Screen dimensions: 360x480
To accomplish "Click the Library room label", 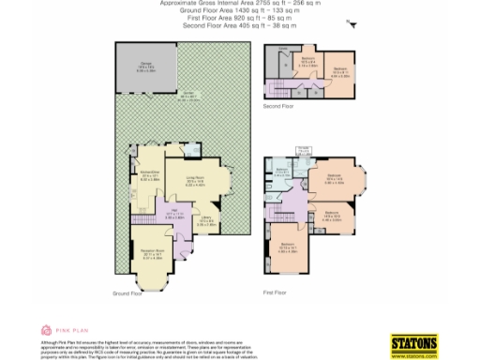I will (205, 221).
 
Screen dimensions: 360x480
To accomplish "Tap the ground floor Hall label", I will (172, 214).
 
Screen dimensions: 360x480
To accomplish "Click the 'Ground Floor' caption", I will (132, 294).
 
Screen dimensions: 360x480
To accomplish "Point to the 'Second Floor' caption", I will (277, 106).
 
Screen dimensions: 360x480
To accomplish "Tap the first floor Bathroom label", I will (283, 170).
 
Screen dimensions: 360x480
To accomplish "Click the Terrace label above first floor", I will (304, 149).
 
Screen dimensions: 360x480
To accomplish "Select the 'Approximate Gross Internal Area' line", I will (239, 4).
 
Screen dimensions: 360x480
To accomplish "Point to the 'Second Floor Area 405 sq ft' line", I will (239, 23).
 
